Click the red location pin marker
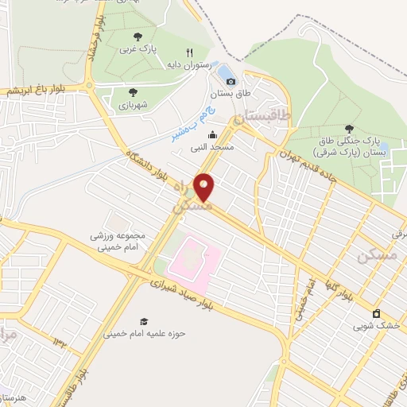[x=204, y=187]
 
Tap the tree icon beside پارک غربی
[x=138, y=36]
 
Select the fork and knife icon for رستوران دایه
[x=189, y=53]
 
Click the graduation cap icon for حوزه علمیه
[x=144, y=321]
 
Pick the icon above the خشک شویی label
[x=376, y=312]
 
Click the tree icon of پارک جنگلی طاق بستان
[x=349, y=129]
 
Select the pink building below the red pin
[x=191, y=262]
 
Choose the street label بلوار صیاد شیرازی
[x=190, y=297]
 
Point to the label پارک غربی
[x=138, y=49]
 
